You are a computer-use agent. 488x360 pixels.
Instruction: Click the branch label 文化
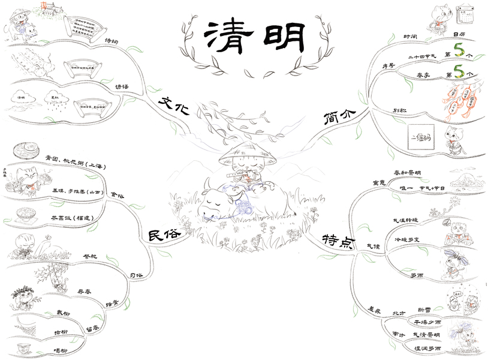pos(174,104)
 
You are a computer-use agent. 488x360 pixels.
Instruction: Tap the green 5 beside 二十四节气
pos(459,49)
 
